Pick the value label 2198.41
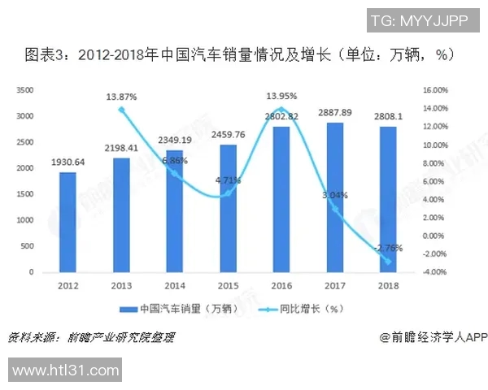(121, 149)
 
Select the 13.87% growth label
(121, 97)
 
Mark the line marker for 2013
(121, 110)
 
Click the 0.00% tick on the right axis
(437, 236)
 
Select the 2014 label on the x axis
(175, 285)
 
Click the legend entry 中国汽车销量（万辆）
(174, 309)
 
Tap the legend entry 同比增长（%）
(302, 309)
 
